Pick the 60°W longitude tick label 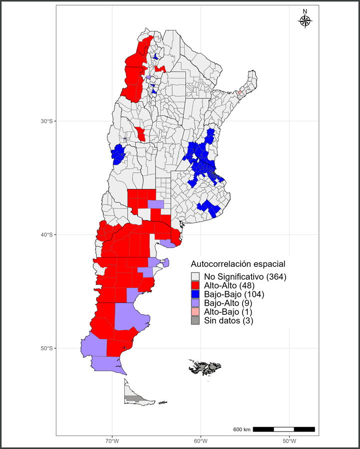[201, 441]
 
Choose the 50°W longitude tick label [289, 441]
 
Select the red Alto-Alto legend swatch [195, 285]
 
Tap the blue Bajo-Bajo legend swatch [195, 294]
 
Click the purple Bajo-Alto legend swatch [195, 303]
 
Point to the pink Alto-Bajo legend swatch [195, 312]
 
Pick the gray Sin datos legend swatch [195, 321]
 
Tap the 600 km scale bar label [242, 430]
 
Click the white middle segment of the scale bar [284, 429]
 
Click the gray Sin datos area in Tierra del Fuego [132, 398]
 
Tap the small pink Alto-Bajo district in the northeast [241, 92]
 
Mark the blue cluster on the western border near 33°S [118, 155]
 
